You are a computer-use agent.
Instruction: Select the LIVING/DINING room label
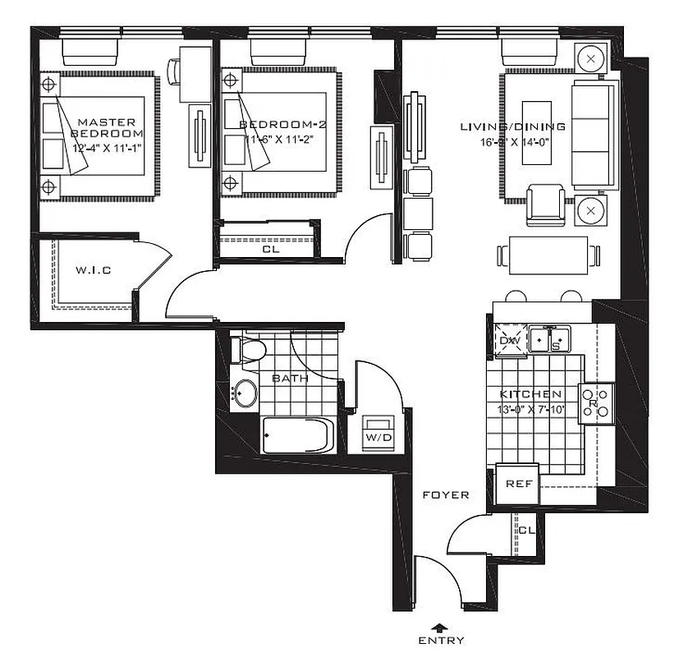click(511, 126)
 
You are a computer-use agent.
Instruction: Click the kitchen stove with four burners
click(596, 403)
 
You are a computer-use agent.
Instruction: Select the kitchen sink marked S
click(549, 338)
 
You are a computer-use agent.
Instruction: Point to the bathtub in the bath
click(297, 436)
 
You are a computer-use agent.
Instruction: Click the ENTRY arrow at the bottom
click(440, 627)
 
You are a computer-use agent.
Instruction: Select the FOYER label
click(445, 495)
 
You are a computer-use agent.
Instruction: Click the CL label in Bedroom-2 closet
click(269, 250)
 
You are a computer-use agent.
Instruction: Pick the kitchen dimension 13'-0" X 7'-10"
click(530, 409)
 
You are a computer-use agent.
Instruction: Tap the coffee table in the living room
click(537, 135)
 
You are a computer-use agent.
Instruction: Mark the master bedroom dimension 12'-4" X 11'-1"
click(108, 148)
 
